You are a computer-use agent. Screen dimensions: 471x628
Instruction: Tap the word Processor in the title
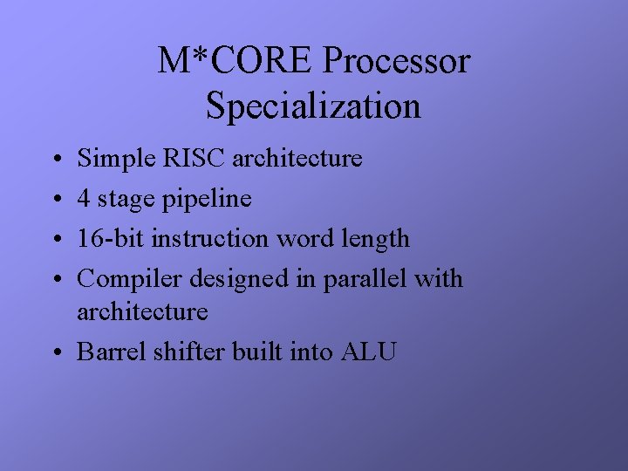click(x=396, y=61)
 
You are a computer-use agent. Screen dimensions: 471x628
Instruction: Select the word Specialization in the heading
click(x=313, y=106)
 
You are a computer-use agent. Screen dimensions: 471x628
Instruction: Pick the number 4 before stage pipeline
click(x=84, y=199)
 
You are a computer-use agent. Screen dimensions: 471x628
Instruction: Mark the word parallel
click(x=362, y=279)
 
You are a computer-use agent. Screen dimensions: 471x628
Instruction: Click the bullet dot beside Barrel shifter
click(x=56, y=352)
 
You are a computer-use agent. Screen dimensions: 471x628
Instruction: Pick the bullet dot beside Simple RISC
click(x=56, y=160)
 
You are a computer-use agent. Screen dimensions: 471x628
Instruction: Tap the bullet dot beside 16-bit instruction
click(x=56, y=240)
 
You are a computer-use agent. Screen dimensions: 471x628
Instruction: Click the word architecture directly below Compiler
click(x=142, y=311)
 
